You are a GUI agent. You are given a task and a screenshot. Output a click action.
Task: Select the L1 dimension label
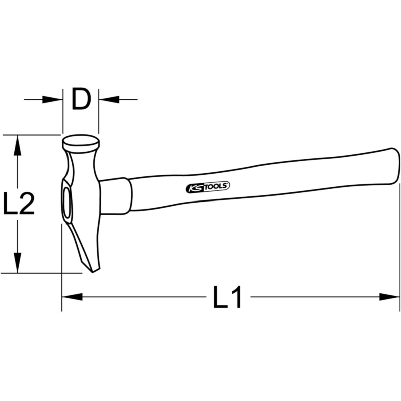coord(227,297)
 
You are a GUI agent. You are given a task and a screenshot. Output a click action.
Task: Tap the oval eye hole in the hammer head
coord(67,203)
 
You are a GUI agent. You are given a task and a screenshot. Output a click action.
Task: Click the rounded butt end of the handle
coord(394,166)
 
